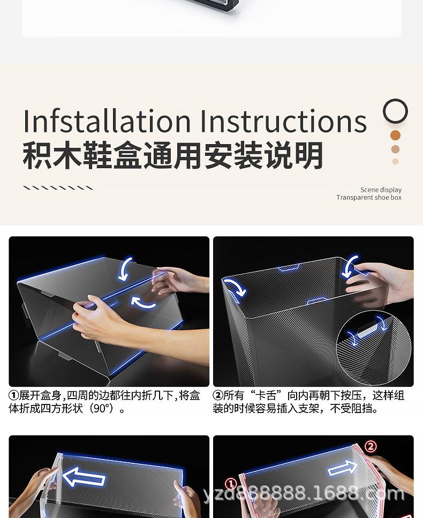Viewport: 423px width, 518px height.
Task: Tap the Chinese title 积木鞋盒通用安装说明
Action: coord(173,156)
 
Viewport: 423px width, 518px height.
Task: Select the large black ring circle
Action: coord(395,111)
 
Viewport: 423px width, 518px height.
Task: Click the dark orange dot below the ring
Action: coord(395,135)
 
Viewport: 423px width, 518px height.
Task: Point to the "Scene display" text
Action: coord(381,190)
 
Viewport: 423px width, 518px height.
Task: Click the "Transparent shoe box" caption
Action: coord(369,198)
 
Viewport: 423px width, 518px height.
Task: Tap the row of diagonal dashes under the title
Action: coord(58,188)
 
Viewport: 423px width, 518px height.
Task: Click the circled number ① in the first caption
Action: coord(14,396)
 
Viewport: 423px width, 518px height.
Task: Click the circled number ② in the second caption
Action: coord(218,396)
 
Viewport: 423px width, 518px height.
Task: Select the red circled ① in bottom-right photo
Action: coord(231,484)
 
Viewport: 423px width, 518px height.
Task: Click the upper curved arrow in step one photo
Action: coord(126,268)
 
